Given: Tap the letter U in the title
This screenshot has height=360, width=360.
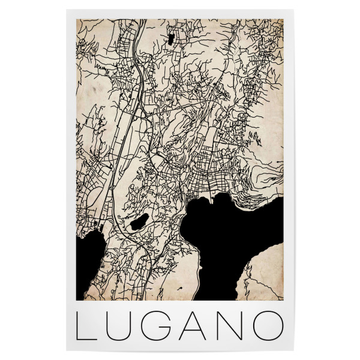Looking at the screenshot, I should (122, 325).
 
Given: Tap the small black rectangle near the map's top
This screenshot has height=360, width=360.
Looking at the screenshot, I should (172, 40).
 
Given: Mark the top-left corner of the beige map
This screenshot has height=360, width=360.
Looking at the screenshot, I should (76, 19).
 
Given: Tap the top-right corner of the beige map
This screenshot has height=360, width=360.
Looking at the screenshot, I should (283, 19).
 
